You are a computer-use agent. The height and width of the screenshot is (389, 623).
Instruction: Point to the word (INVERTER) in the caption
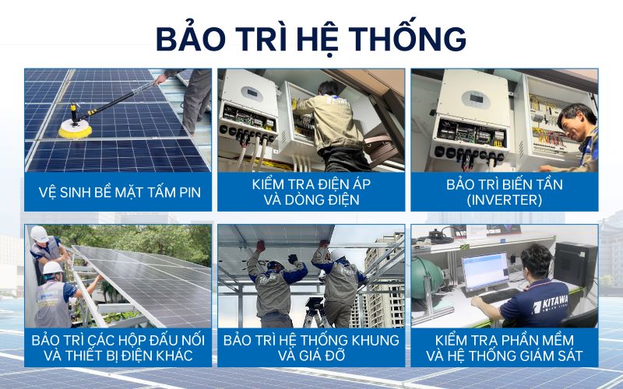pos(504,200)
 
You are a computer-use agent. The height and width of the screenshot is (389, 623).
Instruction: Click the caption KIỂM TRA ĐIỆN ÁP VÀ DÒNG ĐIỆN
pos(311,192)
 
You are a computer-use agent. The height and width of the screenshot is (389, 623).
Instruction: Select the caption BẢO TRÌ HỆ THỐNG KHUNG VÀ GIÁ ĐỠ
pos(311,349)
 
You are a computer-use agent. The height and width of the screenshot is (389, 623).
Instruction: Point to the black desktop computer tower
pos(575,265)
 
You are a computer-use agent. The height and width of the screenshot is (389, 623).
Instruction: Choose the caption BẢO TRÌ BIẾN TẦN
pos(504,184)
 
